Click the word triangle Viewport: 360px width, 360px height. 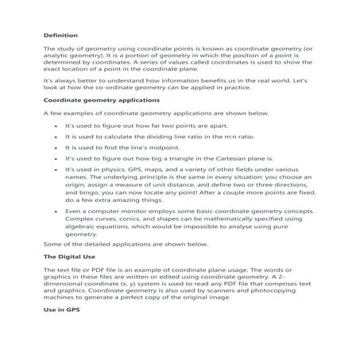[x=164, y=159]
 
